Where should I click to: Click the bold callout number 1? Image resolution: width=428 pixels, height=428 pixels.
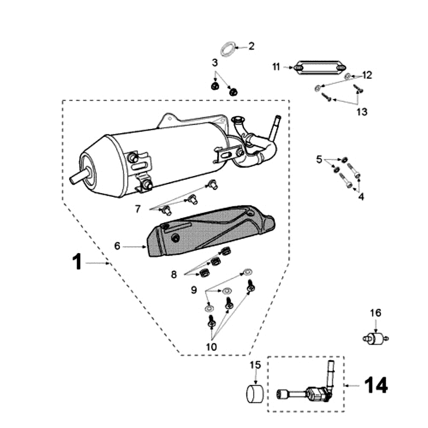click(x=78, y=263)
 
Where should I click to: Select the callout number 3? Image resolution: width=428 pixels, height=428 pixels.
click(x=215, y=63)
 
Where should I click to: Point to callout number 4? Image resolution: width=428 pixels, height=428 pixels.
click(x=361, y=197)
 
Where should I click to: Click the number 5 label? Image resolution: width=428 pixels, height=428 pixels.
click(x=319, y=159)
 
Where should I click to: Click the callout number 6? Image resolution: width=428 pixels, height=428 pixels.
click(x=117, y=247)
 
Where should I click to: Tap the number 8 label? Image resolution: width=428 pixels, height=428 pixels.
click(x=174, y=274)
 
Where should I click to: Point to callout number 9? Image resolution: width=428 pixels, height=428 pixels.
click(x=194, y=290)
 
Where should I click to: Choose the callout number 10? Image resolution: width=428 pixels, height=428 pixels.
click(x=211, y=346)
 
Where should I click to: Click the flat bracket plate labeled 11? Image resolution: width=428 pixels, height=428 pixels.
click(x=319, y=68)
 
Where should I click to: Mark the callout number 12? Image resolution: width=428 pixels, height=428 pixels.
click(x=367, y=75)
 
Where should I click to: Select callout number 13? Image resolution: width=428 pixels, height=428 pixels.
click(x=362, y=112)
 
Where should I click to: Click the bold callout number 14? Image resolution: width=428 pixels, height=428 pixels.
click(x=376, y=385)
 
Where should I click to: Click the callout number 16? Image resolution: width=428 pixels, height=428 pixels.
click(x=376, y=312)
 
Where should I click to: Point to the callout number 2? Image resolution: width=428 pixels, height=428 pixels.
click(x=251, y=46)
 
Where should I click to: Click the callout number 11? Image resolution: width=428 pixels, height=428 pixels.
click(x=276, y=67)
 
